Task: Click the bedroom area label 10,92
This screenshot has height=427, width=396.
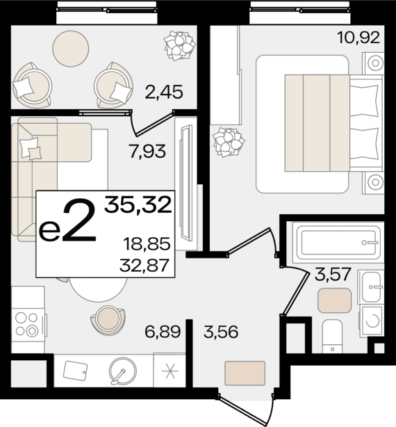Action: [358, 38]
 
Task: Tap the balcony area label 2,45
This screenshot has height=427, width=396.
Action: [164, 92]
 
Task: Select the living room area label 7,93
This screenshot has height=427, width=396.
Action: [148, 152]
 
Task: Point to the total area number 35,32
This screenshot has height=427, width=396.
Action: [138, 204]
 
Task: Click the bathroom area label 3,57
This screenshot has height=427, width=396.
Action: [333, 275]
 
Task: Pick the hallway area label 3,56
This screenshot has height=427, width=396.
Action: [221, 332]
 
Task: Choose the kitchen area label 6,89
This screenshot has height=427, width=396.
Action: [163, 332]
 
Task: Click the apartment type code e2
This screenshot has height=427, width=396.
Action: [68, 220]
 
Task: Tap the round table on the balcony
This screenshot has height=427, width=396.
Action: [71, 49]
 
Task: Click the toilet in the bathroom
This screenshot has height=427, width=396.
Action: [332, 337]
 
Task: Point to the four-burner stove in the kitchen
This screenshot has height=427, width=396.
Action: [26, 324]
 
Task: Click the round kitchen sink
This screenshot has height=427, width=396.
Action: [123, 371]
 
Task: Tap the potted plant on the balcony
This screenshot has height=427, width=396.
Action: [180, 46]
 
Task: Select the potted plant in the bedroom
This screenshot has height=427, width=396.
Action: [229, 142]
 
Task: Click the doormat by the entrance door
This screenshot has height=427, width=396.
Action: [245, 373]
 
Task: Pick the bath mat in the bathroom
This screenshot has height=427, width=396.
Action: [334, 300]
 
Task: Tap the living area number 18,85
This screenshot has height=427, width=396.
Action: [147, 243]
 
